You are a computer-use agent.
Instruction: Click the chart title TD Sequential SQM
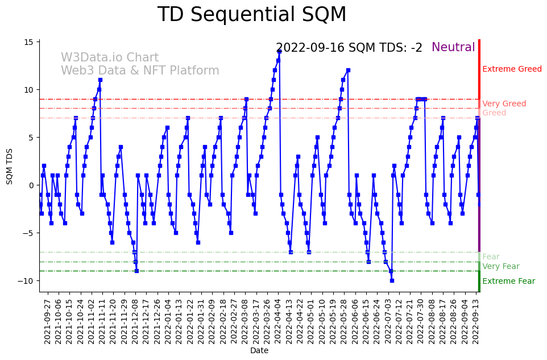(251, 15)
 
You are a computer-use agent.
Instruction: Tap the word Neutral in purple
(453, 48)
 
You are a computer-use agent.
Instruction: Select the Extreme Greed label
(512, 69)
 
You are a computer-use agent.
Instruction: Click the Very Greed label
(504, 104)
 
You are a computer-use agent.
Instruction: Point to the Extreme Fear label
(508, 281)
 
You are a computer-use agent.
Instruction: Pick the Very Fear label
(500, 266)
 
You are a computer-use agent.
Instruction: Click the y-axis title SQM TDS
(10, 165)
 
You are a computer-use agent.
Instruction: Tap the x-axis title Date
(259, 351)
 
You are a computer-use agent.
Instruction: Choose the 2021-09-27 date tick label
(48, 321)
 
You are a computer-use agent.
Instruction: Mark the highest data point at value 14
(279, 51)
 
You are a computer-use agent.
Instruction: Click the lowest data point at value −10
(392, 280)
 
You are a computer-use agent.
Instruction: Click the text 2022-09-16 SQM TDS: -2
(349, 48)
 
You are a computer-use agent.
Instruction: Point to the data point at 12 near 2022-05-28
(348, 70)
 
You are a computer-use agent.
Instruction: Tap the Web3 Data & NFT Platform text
(140, 71)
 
